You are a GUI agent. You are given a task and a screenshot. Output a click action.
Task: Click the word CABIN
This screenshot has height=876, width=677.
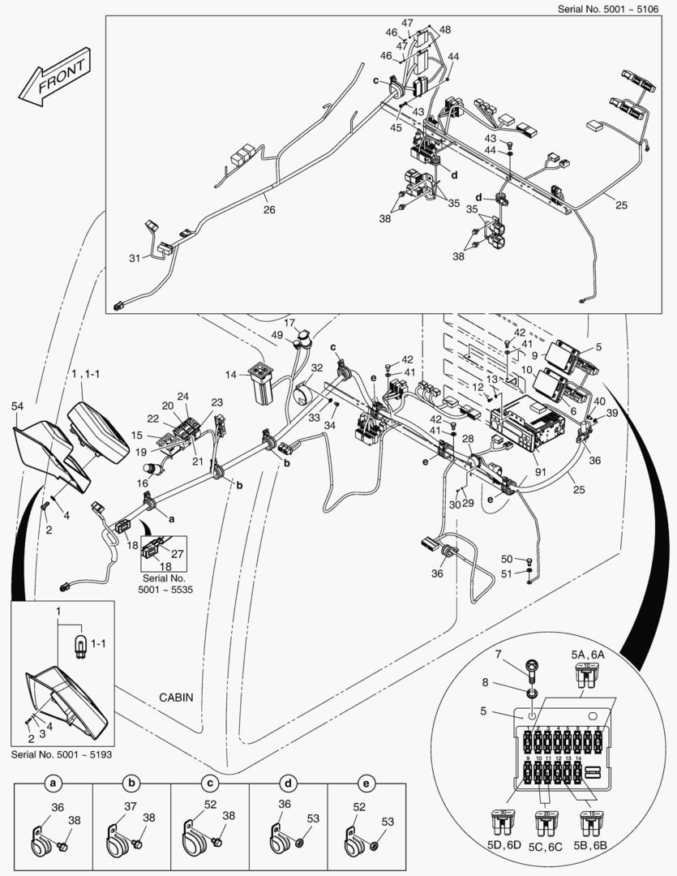click(176, 698)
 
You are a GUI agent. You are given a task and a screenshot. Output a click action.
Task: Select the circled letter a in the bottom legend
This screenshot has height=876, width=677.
click(53, 784)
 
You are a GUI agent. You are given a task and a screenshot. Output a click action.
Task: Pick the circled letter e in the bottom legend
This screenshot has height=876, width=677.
click(366, 784)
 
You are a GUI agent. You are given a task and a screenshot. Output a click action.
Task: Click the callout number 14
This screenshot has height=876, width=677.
click(232, 375)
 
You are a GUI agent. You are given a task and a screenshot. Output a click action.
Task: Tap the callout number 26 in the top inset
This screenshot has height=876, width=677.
click(268, 209)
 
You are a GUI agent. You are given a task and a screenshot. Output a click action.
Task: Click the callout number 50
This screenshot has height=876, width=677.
click(506, 559)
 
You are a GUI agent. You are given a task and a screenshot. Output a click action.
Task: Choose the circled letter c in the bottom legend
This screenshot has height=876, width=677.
click(209, 784)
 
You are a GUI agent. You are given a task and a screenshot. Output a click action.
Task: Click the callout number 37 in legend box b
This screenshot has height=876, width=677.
click(129, 806)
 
